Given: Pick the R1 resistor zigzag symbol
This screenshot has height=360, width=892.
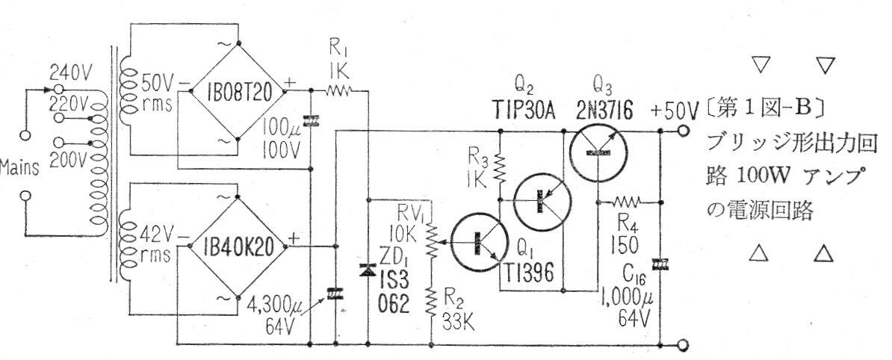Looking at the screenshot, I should click(x=335, y=90).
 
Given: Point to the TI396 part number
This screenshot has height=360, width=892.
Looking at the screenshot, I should click(x=531, y=275).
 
